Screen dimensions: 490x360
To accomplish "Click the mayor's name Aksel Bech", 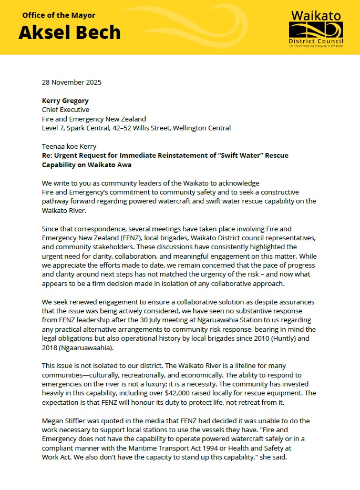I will pos(69,32).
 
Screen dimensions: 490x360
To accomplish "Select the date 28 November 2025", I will pos(71,82).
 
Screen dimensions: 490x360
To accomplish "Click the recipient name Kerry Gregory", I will pos(66,100).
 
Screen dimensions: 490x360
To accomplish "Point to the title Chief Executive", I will pos(66,109).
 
